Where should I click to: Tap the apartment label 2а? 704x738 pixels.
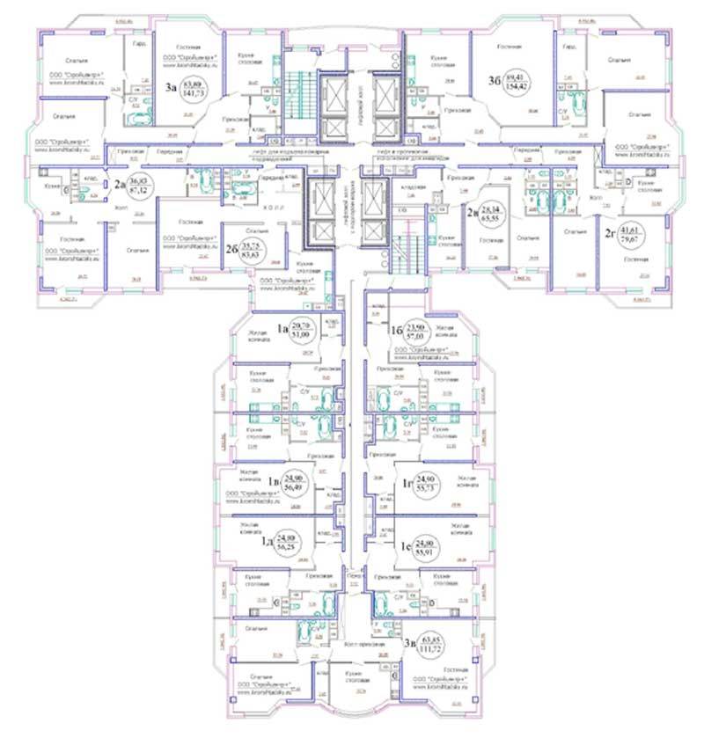point(120,185)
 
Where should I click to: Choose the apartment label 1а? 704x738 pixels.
point(284,330)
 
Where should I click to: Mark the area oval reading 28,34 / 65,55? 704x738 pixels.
point(496,211)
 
